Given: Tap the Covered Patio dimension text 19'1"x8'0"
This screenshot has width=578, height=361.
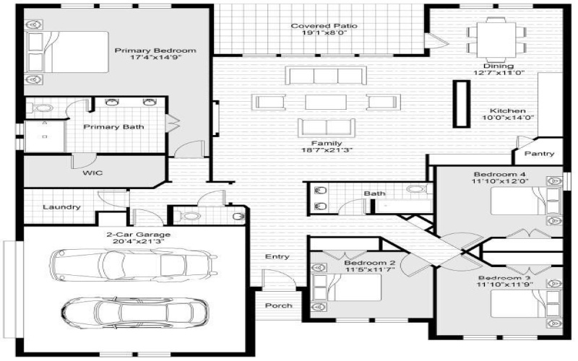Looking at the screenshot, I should click(314, 35).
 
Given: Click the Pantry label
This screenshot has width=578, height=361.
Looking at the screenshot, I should click(540, 154).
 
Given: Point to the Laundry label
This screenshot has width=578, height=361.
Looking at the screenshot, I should click(61, 207).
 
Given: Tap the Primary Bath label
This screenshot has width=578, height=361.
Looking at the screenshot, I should click(113, 127).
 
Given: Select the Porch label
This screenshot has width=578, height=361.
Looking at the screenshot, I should click(277, 305).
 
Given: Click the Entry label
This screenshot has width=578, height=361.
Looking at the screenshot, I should click(277, 256).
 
